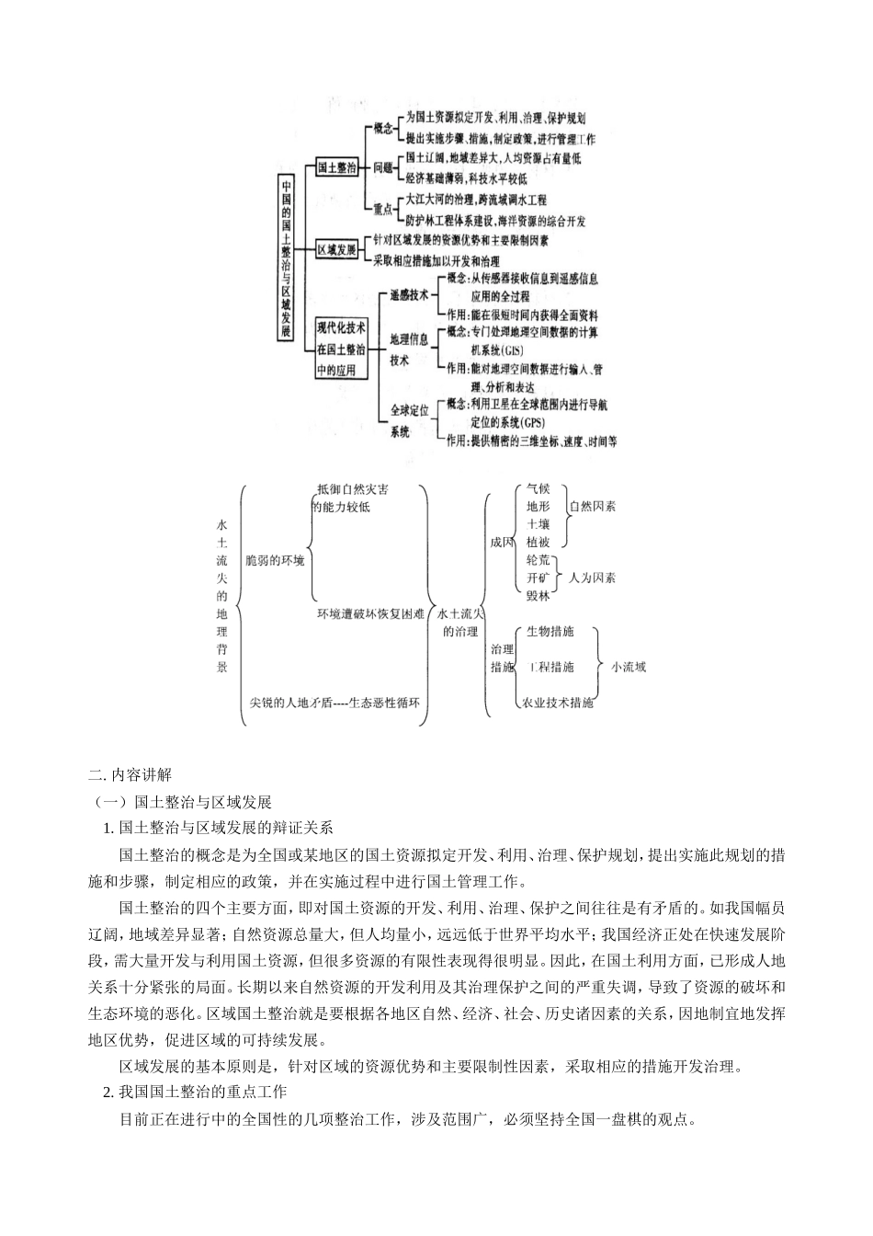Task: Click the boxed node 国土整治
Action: click(336, 168)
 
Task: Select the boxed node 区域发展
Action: click(336, 249)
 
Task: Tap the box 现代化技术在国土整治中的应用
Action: click(341, 349)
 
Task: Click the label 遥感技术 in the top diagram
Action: click(409, 295)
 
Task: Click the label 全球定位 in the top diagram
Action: click(410, 410)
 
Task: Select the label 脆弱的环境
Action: click(275, 559)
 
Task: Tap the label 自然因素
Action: click(592, 507)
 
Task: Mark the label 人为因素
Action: click(592, 578)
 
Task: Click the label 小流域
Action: click(629, 667)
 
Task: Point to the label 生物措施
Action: click(550, 632)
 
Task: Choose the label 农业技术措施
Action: click(558, 703)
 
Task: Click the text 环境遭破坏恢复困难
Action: click(370, 613)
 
